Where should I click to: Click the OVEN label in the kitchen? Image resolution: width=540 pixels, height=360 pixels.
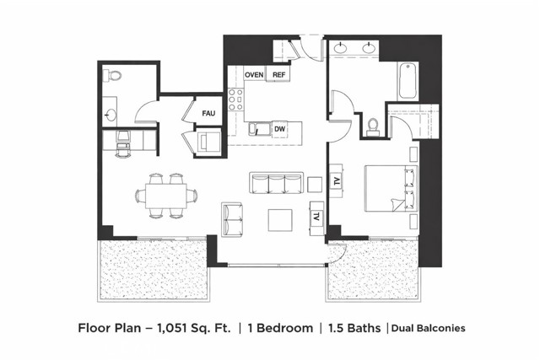254,75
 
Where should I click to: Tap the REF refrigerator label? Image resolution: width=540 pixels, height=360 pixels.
279,75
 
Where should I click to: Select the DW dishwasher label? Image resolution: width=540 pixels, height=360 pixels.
278,129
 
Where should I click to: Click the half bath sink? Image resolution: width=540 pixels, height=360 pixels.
110,112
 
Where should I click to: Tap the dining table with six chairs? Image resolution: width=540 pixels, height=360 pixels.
165,196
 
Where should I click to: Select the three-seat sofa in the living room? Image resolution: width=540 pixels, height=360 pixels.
276,184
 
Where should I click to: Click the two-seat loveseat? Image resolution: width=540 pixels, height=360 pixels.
232,219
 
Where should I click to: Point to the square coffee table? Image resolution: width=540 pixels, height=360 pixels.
280,219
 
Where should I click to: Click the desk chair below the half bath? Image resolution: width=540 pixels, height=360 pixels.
123,143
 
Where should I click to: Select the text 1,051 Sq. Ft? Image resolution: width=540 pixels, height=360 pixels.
193,328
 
